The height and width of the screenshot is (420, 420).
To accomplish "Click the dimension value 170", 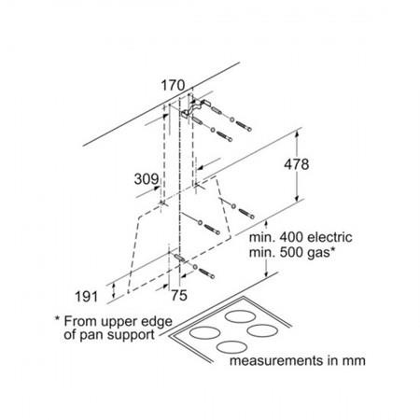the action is pos(173,86).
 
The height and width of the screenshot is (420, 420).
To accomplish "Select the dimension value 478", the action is pos(297,164).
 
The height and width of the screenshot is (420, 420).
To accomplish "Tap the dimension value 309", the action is pos(147,179).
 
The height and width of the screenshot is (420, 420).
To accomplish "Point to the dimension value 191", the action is pos(87,297).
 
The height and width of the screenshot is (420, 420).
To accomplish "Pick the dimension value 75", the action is pos(179,295).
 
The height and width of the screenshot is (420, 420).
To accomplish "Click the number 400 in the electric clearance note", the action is pos(291,237).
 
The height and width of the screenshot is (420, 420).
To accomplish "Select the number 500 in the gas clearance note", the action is pos(291,252).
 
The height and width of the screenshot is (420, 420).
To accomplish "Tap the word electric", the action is pos(329,237).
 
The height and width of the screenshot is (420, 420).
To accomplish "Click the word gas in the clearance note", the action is pos(318,253).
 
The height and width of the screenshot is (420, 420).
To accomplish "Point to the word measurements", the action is pos(276,361).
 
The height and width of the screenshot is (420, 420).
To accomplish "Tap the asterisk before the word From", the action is pos(57,318).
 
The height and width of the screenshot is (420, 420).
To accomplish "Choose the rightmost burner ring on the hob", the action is pos(262,330).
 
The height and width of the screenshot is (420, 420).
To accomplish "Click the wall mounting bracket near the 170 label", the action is pos(194,108).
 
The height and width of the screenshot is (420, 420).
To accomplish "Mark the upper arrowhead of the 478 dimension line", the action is pos(297,134).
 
